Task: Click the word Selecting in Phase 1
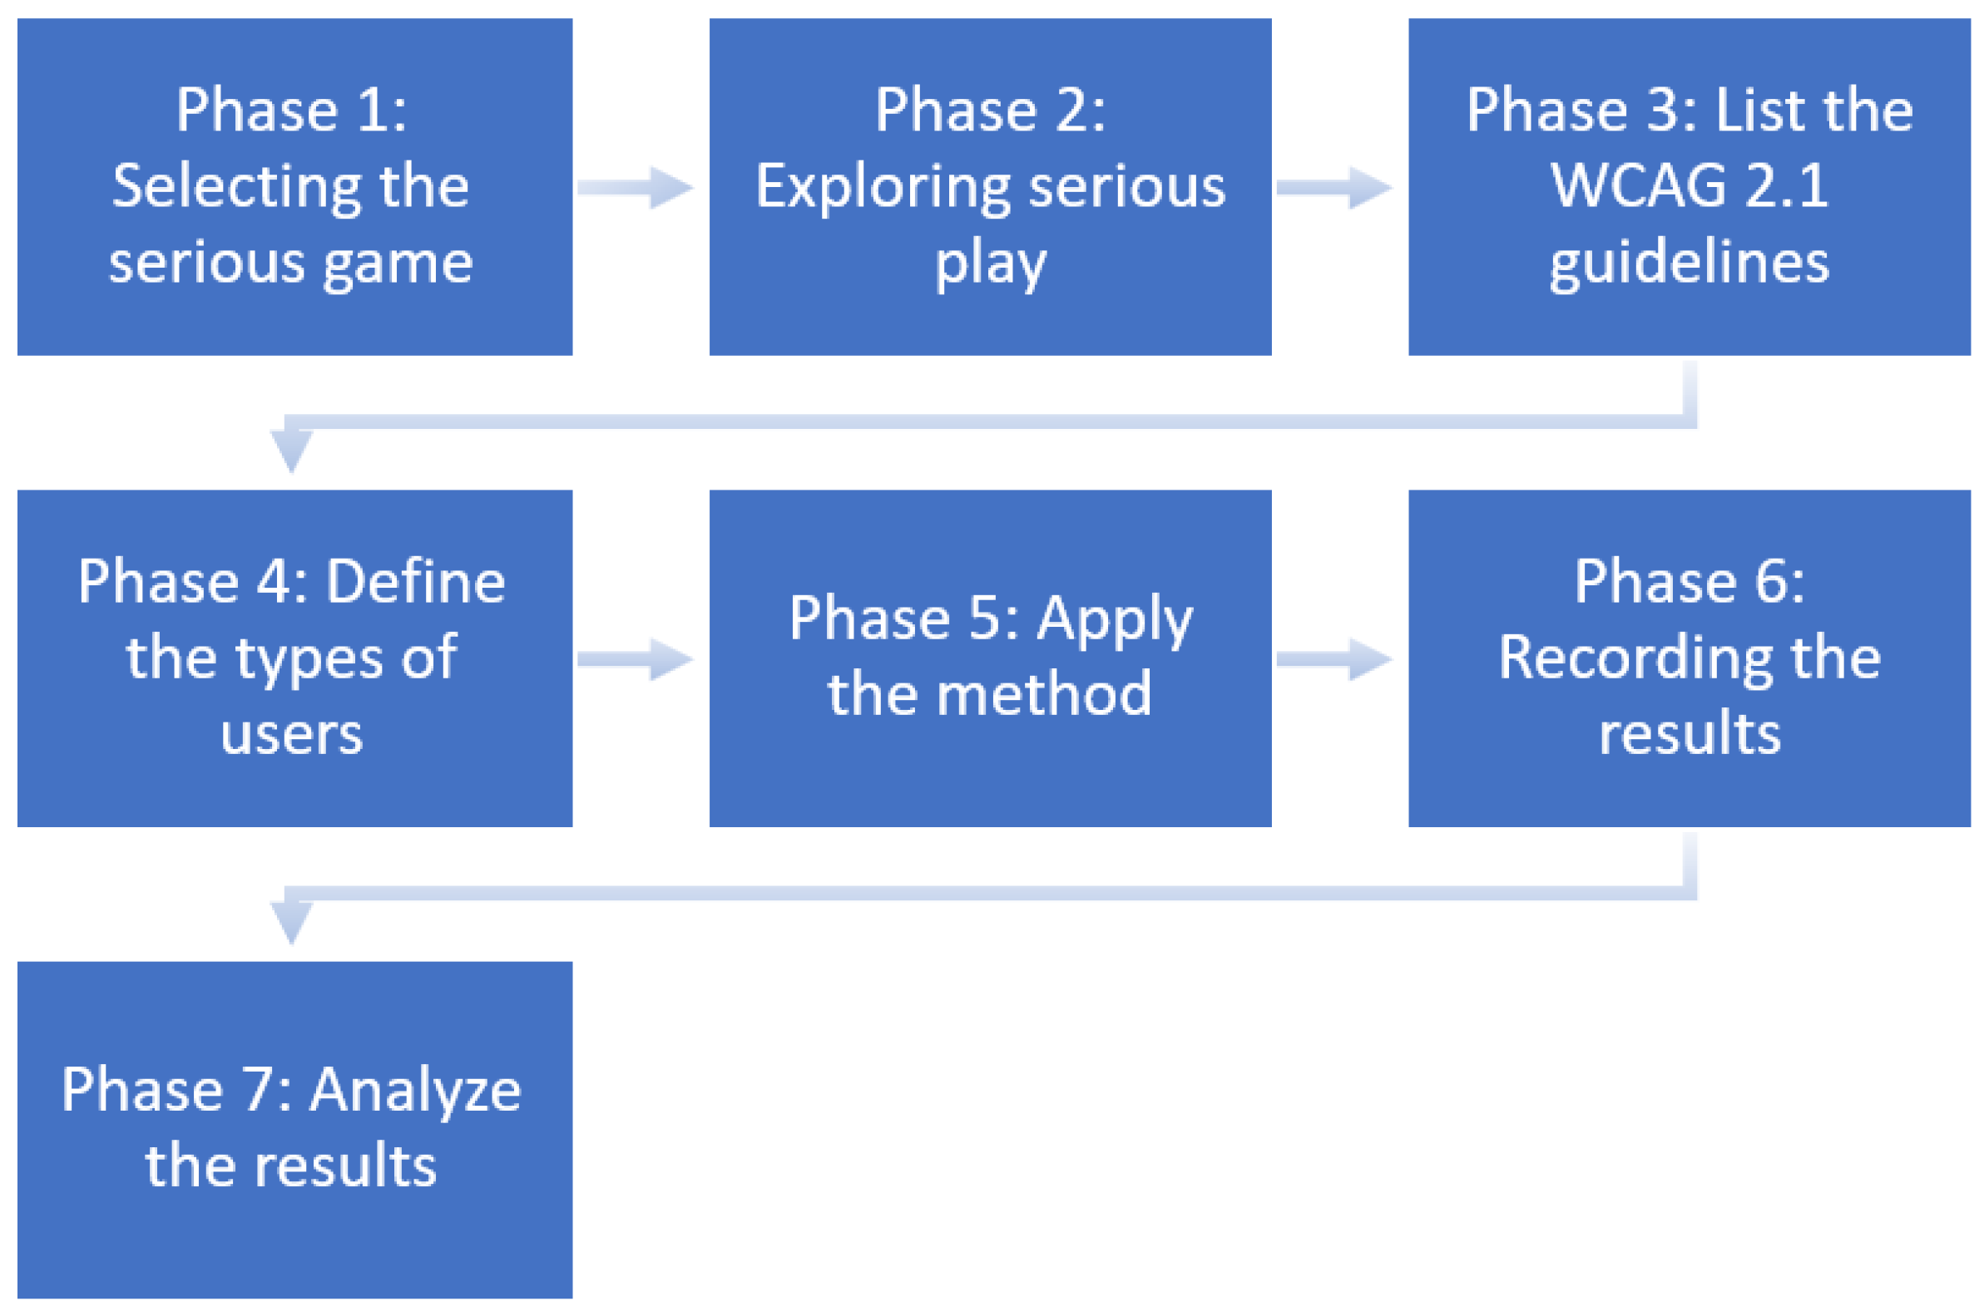coord(237,187)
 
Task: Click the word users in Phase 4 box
coord(291,734)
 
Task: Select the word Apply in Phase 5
coord(1114,619)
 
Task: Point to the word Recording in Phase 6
coord(1633,658)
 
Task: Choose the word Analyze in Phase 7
coord(416,1090)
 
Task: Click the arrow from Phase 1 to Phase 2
coord(636,187)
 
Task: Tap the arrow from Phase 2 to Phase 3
coord(1334,187)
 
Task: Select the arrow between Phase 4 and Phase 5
coord(636,660)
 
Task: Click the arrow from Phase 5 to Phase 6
coord(1334,660)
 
